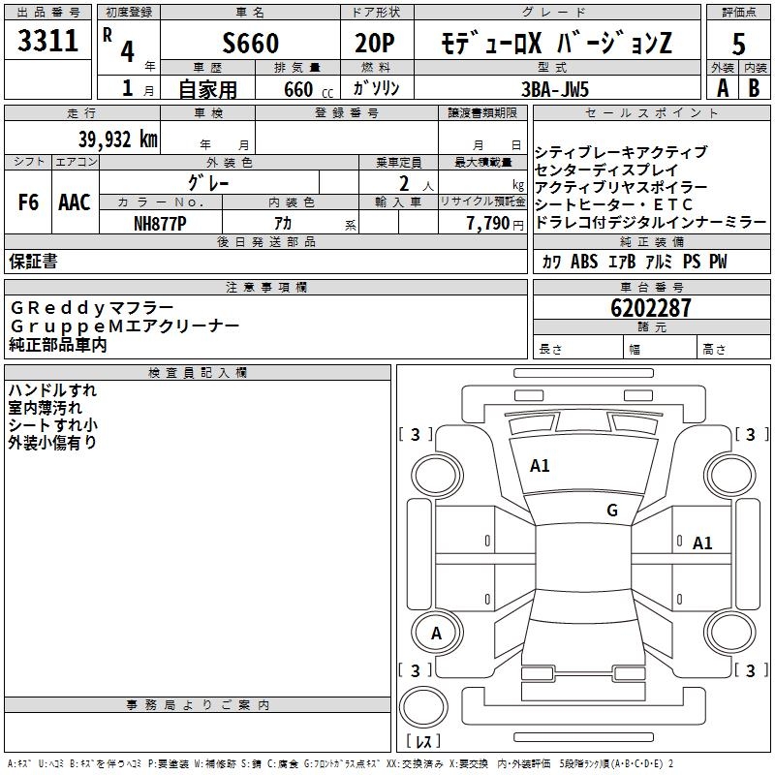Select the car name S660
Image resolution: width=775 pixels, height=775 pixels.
(250, 43)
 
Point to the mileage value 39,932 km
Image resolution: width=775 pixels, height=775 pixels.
(118, 139)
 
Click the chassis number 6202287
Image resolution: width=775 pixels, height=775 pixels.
(651, 308)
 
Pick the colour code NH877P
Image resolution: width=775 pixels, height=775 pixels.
(160, 222)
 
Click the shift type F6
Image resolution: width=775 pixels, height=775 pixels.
(29, 202)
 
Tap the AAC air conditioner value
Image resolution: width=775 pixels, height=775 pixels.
(74, 202)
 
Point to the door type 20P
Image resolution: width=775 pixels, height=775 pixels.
(376, 43)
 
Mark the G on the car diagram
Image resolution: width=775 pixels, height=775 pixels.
(611, 511)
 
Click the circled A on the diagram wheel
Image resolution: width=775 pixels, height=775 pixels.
(436, 634)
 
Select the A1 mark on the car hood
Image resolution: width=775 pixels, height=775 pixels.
(540, 466)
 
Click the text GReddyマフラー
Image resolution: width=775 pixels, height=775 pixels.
(93, 307)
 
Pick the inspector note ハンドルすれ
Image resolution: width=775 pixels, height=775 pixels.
(52, 390)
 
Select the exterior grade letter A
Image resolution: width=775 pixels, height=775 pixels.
(722, 87)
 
